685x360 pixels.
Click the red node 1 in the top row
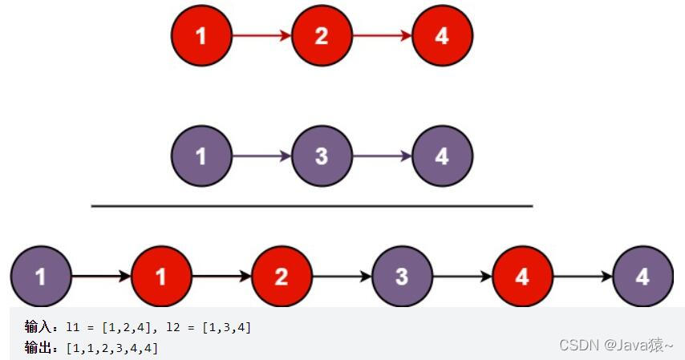point(201,36)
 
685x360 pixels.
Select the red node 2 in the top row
point(322,36)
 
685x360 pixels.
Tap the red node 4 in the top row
point(442,36)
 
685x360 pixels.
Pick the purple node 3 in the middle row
point(322,156)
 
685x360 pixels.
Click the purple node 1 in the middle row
point(201,156)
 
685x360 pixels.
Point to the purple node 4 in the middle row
point(442,156)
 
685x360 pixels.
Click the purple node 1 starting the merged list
point(41,277)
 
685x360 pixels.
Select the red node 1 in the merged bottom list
point(161,277)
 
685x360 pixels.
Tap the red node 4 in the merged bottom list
point(522,277)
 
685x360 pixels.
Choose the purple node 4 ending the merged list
point(642,277)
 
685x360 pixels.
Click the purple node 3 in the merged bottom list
point(402,277)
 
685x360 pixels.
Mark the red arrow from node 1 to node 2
point(261,36)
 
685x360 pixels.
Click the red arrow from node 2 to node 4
point(382,36)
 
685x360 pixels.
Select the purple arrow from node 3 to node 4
point(382,156)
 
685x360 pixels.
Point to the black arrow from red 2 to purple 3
point(342,277)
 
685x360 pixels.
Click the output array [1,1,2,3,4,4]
point(112,347)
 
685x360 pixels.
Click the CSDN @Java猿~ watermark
point(616,345)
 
